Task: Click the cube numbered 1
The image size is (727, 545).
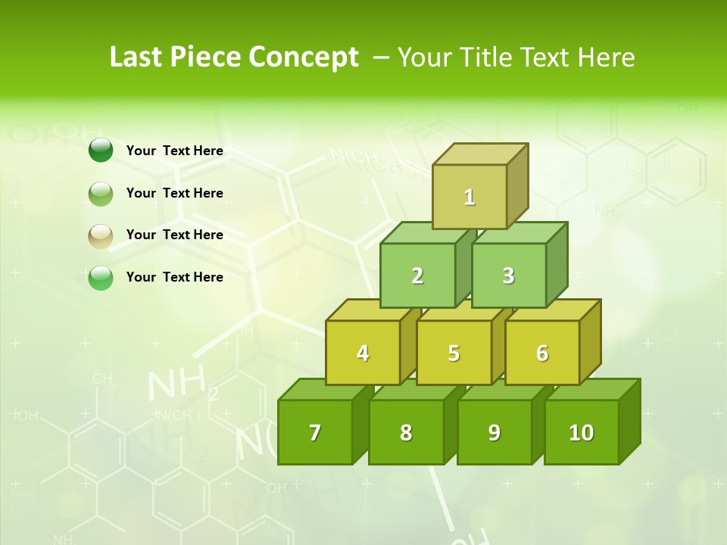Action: tap(470, 197)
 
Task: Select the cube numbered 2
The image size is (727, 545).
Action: tap(417, 276)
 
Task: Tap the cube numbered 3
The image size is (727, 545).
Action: tap(508, 276)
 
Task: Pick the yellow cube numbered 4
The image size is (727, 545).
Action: tap(363, 353)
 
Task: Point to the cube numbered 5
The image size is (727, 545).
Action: tap(454, 353)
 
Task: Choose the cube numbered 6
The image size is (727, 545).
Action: tap(542, 353)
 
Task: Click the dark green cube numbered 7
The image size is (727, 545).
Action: tap(315, 432)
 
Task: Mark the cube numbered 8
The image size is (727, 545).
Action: tap(406, 432)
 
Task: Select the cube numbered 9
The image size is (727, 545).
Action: tap(494, 432)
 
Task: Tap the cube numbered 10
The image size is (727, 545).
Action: tap(581, 432)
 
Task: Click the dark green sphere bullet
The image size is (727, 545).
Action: tap(101, 150)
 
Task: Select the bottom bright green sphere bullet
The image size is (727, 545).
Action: tap(101, 278)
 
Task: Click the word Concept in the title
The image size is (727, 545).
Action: tap(304, 58)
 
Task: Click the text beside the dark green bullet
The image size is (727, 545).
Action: tap(175, 151)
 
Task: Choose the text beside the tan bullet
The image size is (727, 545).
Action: tap(175, 235)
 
